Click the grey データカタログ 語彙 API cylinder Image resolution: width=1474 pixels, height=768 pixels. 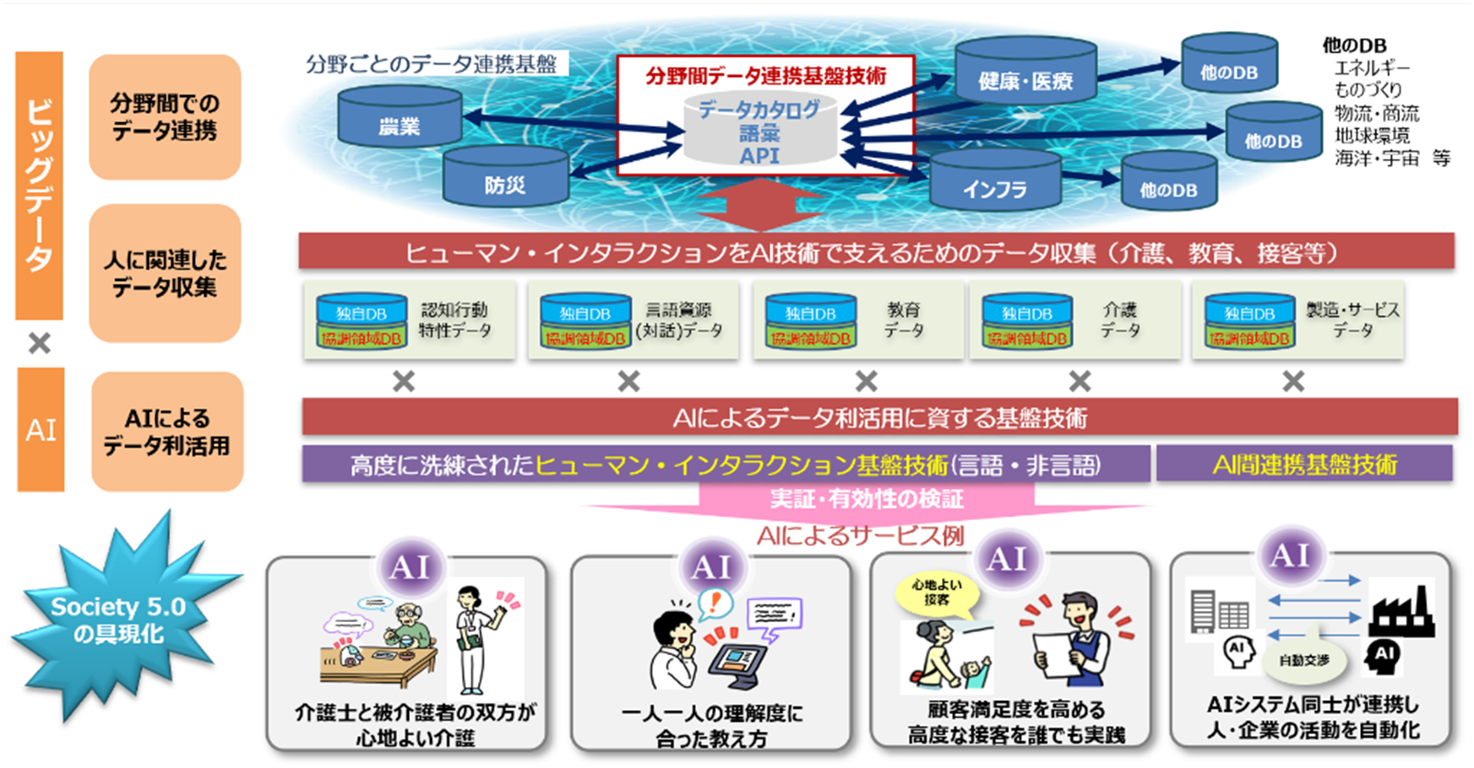tap(760, 132)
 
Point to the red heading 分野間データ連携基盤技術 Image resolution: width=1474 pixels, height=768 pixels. tap(765, 76)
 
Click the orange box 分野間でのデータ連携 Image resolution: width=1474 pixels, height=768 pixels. tap(164, 117)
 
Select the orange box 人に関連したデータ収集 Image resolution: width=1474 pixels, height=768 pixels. tap(164, 273)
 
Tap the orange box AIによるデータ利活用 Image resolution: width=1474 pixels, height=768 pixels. tap(166, 432)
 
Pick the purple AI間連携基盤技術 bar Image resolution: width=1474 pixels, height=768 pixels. tap(1304, 464)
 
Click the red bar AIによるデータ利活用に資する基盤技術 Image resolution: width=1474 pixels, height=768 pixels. tap(879, 418)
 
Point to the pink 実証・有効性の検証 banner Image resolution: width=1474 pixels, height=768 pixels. tap(866, 499)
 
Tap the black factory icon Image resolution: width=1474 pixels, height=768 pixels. tap(1400, 611)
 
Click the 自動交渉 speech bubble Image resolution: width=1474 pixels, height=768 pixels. tap(1303, 660)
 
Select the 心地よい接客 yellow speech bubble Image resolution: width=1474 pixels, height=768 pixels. tap(936, 593)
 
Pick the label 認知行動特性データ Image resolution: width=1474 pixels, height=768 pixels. tap(455, 320)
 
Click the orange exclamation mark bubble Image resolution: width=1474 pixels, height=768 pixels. tap(715, 603)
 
